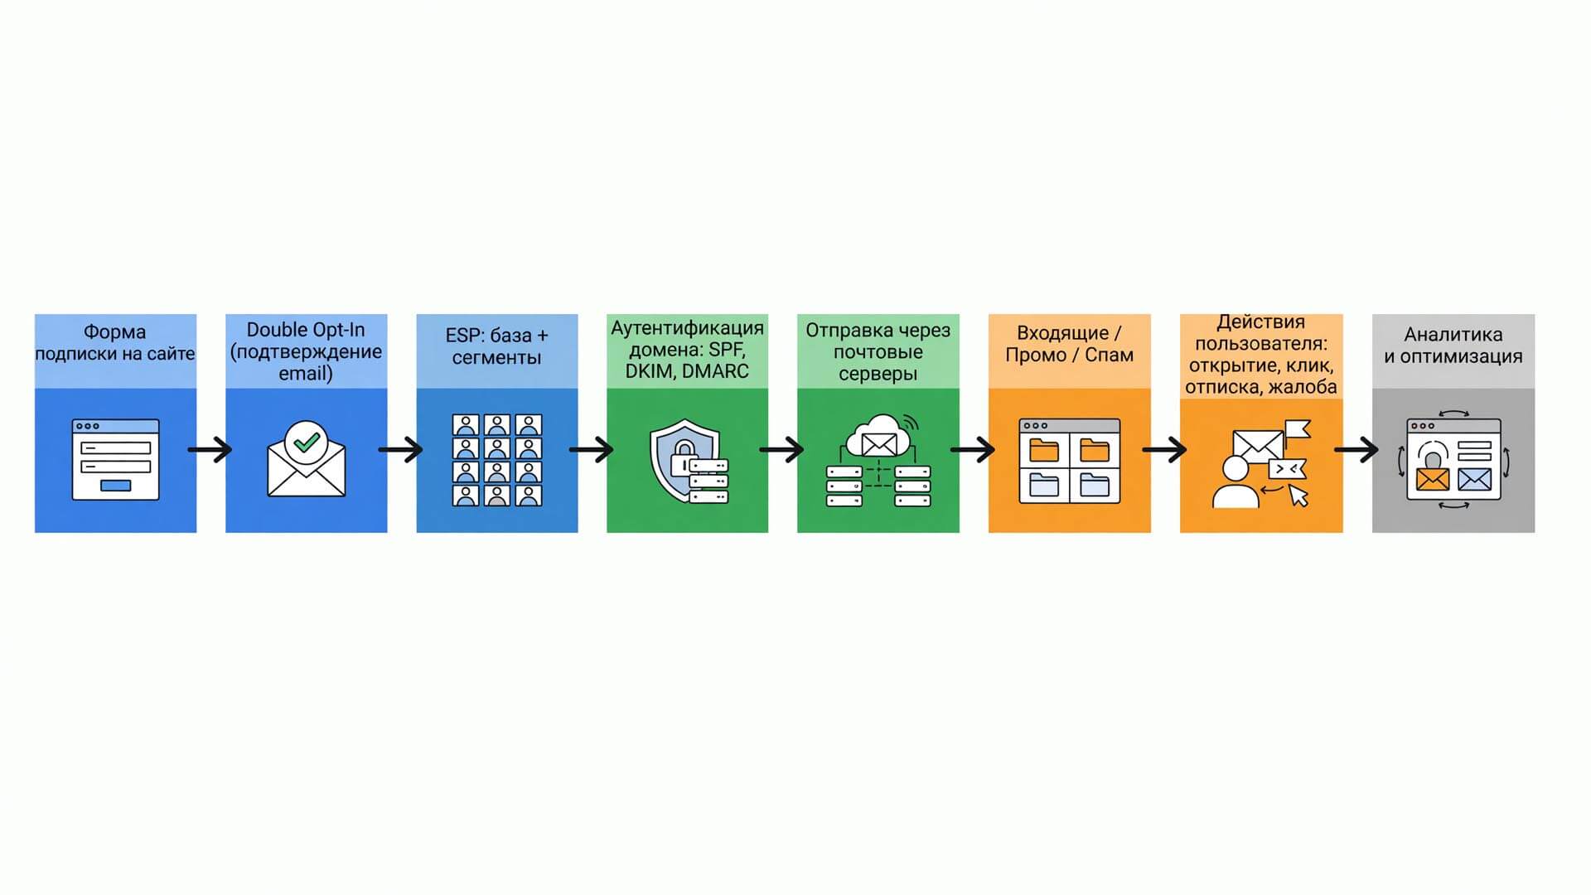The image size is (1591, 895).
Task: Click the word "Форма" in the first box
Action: coord(114,332)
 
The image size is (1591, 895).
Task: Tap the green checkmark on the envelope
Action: coord(307,441)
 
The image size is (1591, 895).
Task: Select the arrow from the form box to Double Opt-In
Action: coord(210,450)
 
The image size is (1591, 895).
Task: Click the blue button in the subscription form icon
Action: coord(115,486)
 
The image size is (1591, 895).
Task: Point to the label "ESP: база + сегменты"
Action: coord(497,346)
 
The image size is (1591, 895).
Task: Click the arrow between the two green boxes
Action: coord(782,450)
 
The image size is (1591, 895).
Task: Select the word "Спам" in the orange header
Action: coord(1109,355)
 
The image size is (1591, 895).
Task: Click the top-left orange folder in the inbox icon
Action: coord(1044,450)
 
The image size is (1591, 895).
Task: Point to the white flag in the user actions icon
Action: coord(1298,429)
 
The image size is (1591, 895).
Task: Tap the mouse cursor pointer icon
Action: coord(1298,496)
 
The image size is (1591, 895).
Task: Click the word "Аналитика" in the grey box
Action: coord(1453,335)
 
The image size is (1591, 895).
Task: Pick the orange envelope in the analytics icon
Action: coord(1433,479)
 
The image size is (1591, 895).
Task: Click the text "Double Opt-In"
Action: coord(306,330)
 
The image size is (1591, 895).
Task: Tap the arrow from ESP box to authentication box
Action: coord(592,450)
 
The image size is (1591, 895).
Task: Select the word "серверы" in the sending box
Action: coord(878,374)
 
